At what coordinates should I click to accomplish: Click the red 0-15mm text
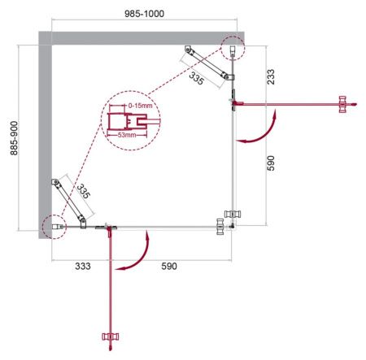140,107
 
